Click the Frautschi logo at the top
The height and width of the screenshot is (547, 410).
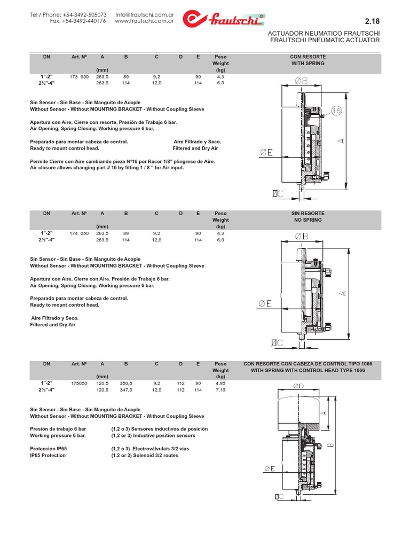click(x=223, y=19)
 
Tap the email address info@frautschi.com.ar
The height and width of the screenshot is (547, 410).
click(x=145, y=14)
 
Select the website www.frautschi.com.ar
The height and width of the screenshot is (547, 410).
click(x=145, y=21)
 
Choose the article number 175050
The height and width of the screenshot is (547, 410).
click(x=79, y=384)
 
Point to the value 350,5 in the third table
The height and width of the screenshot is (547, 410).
click(x=127, y=384)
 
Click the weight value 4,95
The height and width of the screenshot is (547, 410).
click(x=220, y=384)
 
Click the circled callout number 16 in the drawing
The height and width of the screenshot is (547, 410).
click(x=336, y=111)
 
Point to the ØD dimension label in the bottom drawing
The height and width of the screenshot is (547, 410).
click(x=298, y=386)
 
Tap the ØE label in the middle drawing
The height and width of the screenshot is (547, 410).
click(x=266, y=304)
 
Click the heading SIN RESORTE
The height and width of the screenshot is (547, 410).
click(x=307, y=213)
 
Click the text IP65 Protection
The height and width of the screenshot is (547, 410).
click(x=48, y=456)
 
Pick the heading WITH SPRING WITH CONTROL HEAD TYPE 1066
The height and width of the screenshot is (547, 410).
click(x=308, y=370)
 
